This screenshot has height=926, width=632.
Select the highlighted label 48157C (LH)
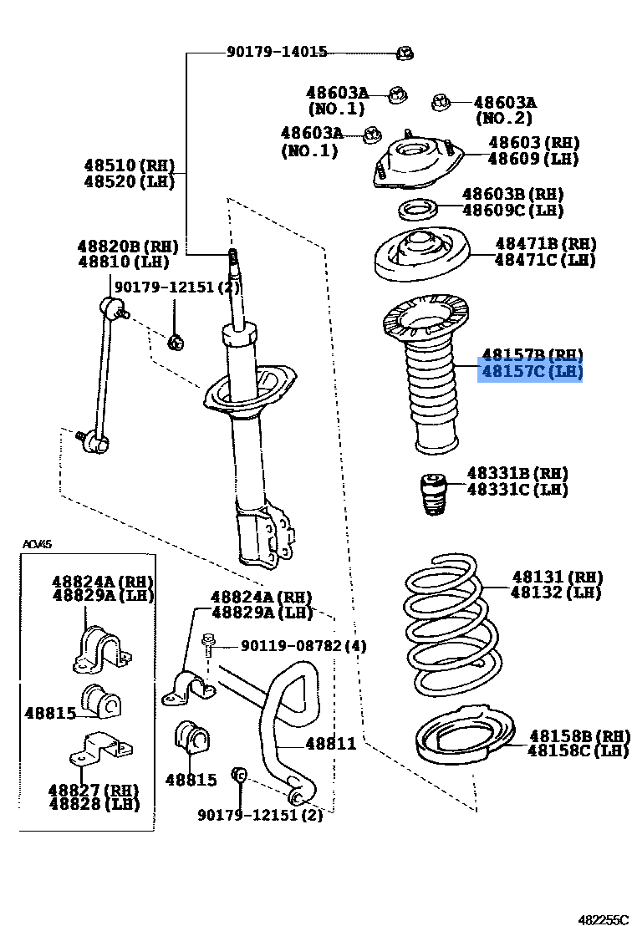pyautogui.click(x=530, y=371)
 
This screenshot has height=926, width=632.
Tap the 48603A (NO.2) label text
pyautogui.click(x=504, y=103)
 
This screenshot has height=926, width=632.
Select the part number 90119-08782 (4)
pyautogui.click(x=303, y=646)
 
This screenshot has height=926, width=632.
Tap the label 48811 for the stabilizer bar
pyautogui.click(x=330, y=743)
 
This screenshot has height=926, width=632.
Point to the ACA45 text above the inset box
pyautogui.click(x=37, y=544)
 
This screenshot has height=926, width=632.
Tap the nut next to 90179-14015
pyautogui.click(x=404, y=53)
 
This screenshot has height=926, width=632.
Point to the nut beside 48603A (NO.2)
pyautogui.click(x=441, y=102)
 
